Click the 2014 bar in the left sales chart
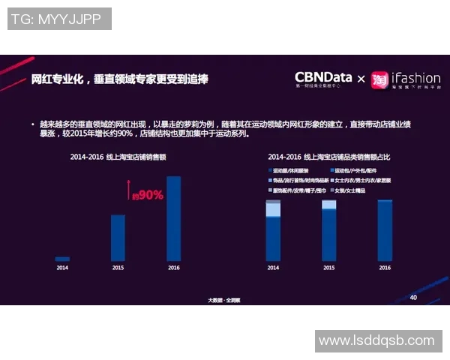pyautogui.click(x=62, y=259)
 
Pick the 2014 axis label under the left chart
pyautogui.click(x=62, y=268)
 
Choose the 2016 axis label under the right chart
pyautogui.click(x=385, y=268)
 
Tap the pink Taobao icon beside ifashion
pyautogui.click(x=380, y=79)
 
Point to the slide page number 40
pyautogui.click(x=413, y=297)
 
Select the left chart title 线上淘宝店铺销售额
pyautogui.click(x=118, y=157)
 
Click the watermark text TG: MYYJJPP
pyautogui.click(x=59, y=19)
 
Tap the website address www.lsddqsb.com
pyautogui.click(x=376, y=340)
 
